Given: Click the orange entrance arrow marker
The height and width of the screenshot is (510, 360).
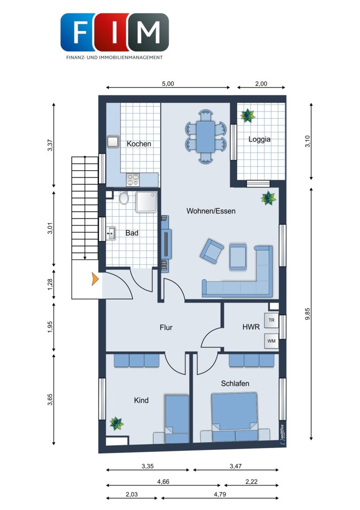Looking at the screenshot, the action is click(95, 279).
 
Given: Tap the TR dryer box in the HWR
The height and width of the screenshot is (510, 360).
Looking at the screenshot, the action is click(271, 320).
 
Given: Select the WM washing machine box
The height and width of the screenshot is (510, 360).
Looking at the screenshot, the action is click(271, 341).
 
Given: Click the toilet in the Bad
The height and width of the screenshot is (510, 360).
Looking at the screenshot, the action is click(124, 198).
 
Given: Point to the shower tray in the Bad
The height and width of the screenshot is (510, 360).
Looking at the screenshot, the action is click(147, 202).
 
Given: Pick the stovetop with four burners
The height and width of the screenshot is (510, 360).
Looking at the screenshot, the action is click(133, 180).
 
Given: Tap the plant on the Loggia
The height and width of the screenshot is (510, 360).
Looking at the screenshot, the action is click(247, 115).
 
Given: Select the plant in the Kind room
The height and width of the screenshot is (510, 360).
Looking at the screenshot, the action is click(116, 424).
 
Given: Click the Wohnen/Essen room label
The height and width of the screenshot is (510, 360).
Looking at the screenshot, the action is click(211, 211).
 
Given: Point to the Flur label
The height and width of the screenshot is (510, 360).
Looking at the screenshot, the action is click(166, 327).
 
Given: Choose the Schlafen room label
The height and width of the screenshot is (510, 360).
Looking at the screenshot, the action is click(235, 383).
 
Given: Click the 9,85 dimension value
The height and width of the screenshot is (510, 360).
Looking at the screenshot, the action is click(307, 314).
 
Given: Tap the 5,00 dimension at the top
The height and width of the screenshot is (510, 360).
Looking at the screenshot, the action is click(168, 84).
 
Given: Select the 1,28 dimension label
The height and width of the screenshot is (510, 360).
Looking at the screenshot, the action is click(50, 285).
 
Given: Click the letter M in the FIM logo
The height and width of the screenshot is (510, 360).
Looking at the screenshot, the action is click(148, 32).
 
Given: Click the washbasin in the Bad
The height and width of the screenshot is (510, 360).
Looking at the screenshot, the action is click(111, 233).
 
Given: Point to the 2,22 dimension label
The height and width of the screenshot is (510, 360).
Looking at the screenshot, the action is click(251, 482).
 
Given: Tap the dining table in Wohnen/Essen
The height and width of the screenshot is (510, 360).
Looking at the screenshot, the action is click(205, 137).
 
